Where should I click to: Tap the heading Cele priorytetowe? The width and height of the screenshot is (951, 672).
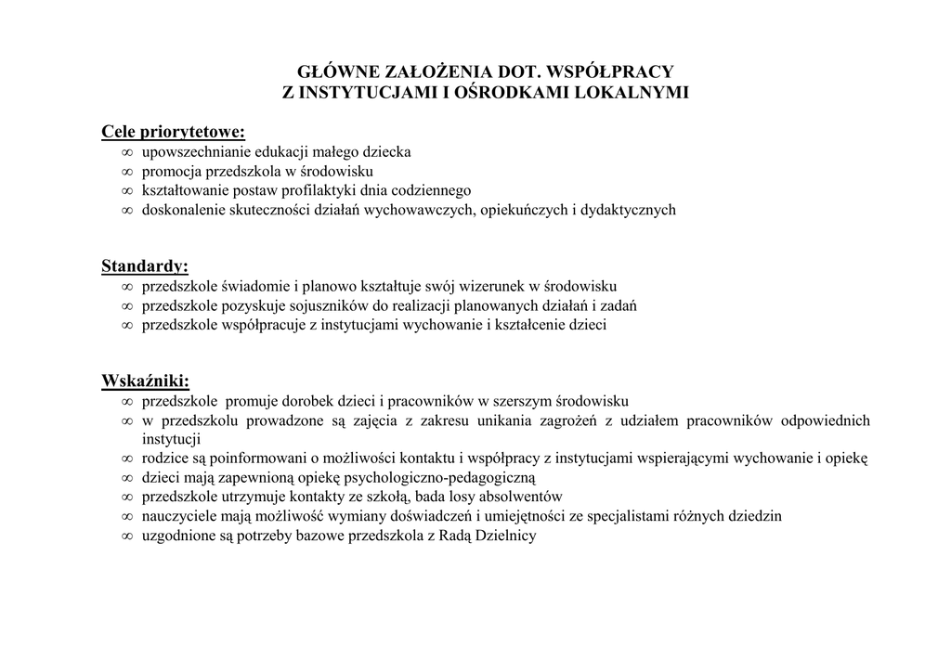tap(173, 132)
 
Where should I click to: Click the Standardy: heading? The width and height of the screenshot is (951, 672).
tap(145, 266)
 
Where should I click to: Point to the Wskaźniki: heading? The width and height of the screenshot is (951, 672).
tap(146, 381)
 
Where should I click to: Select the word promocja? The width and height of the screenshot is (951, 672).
tap(168, 171)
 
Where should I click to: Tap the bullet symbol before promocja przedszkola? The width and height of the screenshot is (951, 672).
tap(127, 172)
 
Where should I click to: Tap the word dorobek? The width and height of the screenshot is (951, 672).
tap(283, 402)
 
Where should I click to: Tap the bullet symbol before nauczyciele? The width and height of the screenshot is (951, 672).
tap(127, 517)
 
